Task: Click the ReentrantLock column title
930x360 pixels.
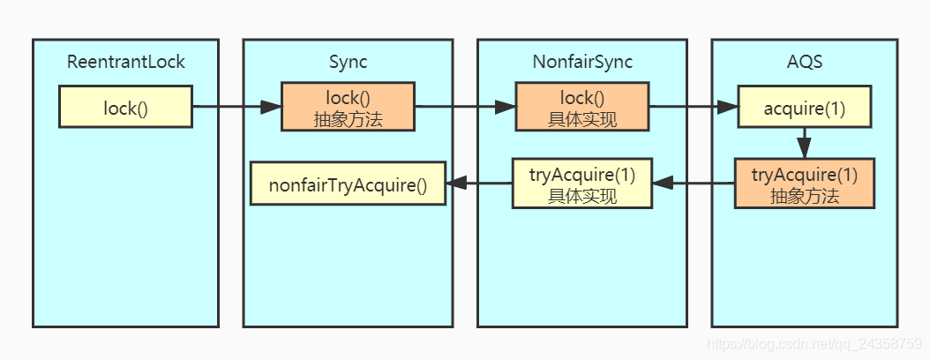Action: coord(126,62)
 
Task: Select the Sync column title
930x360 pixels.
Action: coord(348,62)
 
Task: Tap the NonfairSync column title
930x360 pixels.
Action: coord(582,62)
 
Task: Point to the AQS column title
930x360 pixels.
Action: coord(805,62)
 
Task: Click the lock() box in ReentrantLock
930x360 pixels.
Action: coord(125,107)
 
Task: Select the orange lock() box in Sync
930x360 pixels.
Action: coord(348,107)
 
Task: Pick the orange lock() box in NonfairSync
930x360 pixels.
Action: coord(582,107)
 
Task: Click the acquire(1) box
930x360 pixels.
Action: coord(805,107)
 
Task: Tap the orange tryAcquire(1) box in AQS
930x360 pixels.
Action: coord(805,184)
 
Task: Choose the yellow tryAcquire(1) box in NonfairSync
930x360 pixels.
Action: coord(582,184)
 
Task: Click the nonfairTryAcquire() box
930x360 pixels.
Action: coord(348,184)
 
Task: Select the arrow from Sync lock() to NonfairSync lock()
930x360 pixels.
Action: coord(465,107)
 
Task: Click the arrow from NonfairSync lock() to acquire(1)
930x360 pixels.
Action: coord(694,107)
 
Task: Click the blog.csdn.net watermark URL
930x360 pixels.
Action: coord(815,342)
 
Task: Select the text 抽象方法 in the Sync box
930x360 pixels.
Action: coord(348,119)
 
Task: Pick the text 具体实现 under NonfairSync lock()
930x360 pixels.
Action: coord(582,119)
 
